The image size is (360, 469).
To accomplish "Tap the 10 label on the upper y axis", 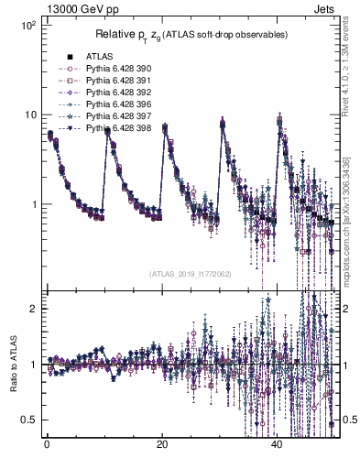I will coord(28,115).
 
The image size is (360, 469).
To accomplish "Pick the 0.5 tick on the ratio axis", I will coord(27,420).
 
